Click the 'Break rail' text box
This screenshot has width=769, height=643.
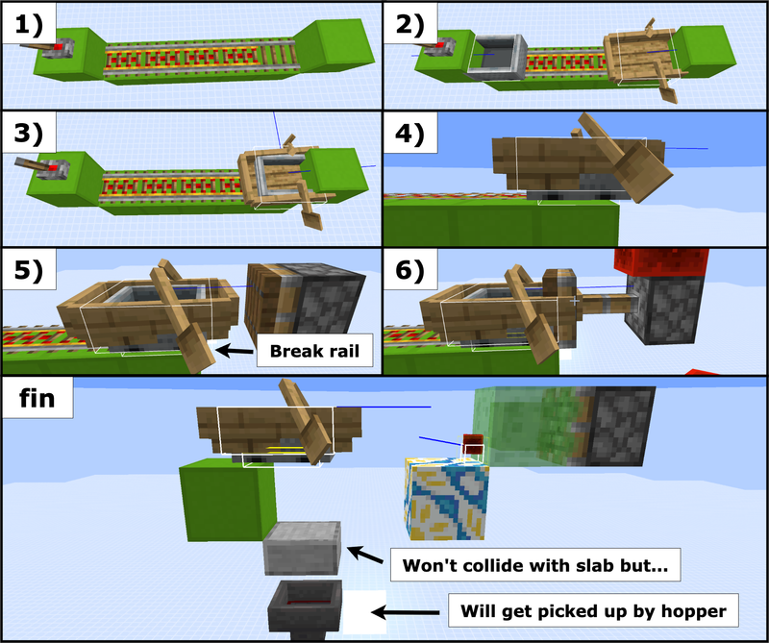point(314,353)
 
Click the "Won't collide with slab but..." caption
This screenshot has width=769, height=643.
point(535,567)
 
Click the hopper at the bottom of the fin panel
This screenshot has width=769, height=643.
point(306,606)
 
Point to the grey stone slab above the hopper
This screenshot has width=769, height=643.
point(303,549)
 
